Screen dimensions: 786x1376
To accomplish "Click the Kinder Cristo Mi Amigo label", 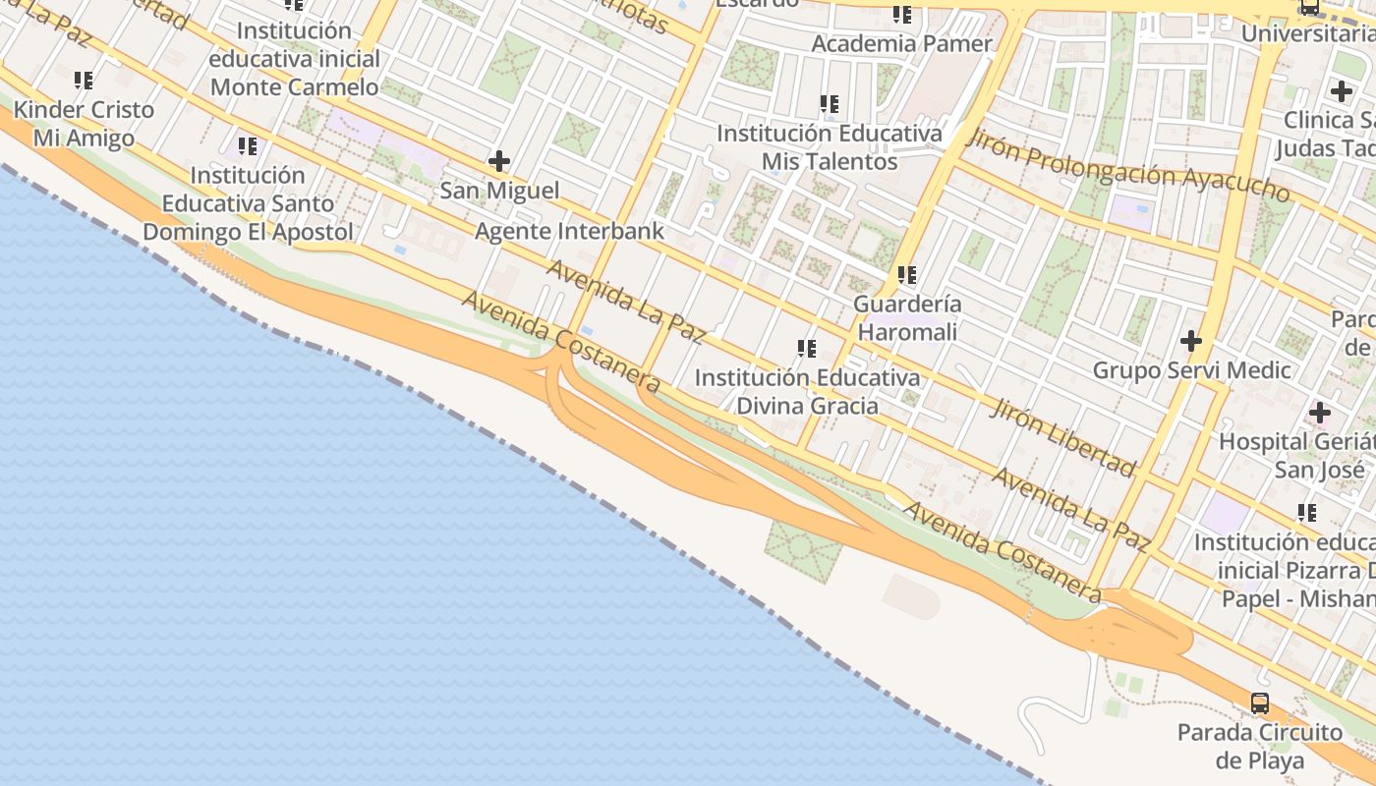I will (84, 124).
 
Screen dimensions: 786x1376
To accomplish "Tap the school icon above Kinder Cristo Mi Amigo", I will (84, 80).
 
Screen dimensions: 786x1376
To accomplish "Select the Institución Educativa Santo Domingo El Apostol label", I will (248, 203).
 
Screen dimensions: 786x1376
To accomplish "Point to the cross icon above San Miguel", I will (499, 160).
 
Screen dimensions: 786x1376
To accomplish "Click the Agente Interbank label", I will (569, 232).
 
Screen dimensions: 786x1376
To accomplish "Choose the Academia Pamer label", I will (901, 44).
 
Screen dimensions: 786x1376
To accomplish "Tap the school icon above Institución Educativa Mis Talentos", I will (830, 103).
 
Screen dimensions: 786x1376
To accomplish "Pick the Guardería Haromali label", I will (907, 318).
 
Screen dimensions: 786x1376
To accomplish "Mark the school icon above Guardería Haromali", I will (906, 275).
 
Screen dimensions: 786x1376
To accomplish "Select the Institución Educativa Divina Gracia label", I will (807, 391).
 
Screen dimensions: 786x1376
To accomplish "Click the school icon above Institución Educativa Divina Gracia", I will (807, 348).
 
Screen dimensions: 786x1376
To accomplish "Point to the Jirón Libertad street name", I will (1062, 435).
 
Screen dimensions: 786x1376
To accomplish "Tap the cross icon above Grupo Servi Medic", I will (1191, 342).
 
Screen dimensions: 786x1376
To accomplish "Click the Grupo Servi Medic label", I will (1191, 370).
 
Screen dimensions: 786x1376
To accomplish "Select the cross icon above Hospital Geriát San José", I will (1319, 413).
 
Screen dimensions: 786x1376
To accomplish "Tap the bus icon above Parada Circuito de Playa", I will (1259, 702).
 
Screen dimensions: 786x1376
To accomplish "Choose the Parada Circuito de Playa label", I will (1259, 746).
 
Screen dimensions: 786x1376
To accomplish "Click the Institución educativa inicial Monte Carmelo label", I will (294, 59).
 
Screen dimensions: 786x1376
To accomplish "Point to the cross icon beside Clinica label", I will (1341, 91).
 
